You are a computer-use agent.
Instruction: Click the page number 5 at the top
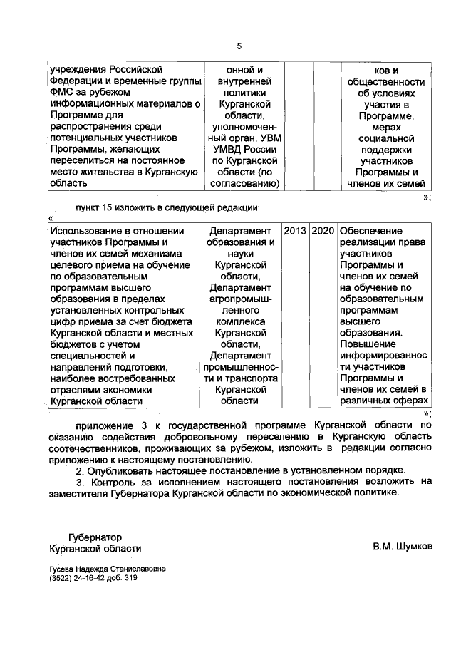pos(239,46)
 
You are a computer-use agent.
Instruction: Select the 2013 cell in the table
pos(296,232)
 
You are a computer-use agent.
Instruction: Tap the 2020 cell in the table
pos(323,232)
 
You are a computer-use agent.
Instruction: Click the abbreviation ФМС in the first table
pos(61,92)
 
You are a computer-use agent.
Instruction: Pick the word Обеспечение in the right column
pos(371,232)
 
